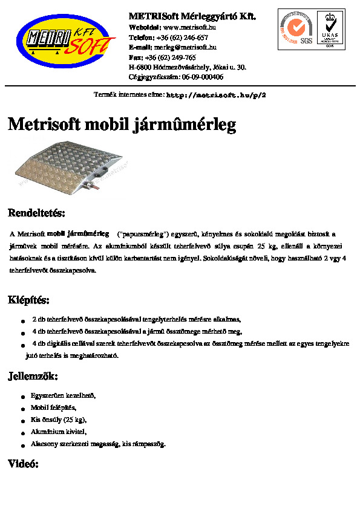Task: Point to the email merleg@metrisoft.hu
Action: tap(185, 47)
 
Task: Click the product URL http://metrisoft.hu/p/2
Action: tap(216, 96)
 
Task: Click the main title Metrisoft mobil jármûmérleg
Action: tap(122, 125)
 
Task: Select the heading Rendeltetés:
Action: tap(36, 213)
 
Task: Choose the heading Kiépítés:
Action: tap(28, 300)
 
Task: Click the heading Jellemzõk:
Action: tap(33, 377)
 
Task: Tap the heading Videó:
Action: tap(23, 464)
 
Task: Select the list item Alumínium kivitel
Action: tap(59, 432)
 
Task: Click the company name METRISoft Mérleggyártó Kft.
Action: tap(192, 16)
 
